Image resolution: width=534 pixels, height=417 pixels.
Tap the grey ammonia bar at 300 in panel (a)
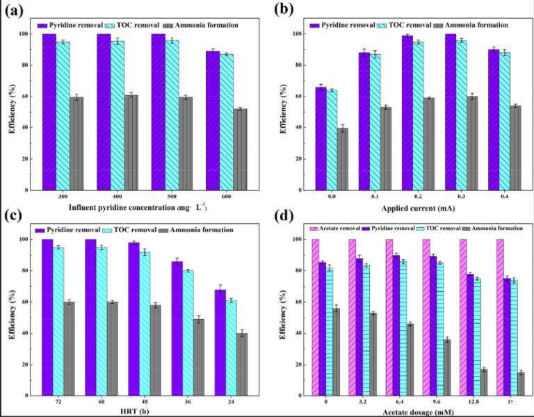click(x=76, y=143)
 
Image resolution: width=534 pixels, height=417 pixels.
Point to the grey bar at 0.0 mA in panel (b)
click(x=343, y=158)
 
